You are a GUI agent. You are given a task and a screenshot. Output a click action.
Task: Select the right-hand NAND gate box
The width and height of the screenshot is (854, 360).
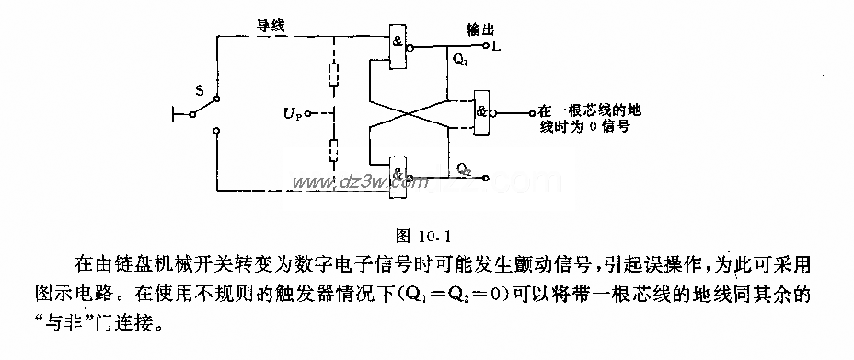pyautogui.click(x=481, y=112)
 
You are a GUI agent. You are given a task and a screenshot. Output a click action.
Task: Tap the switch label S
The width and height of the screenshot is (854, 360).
pyautogui.click(x=199, y=89)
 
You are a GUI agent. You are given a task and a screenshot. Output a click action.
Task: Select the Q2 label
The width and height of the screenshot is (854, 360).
pyautogui.click(x=465, y=168)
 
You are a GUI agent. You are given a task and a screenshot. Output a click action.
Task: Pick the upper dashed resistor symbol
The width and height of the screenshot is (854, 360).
pyautogui.click(x=332, y=72)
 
